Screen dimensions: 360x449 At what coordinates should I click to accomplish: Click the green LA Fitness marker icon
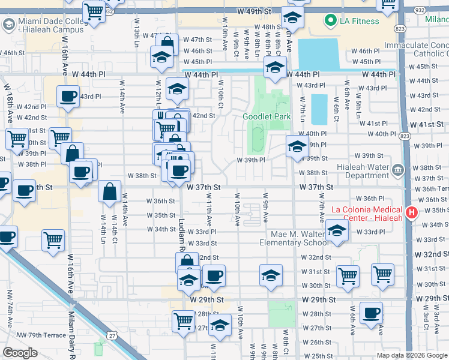[x=330, y=22]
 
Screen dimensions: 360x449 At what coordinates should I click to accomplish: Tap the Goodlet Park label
[x=262, y=116]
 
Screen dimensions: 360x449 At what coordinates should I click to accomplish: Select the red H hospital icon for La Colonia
[x=412, y=212]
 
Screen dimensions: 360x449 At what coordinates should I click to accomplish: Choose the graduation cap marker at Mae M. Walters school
[x=337, y=232]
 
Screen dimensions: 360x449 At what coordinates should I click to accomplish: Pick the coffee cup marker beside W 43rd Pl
[x=68, y=96]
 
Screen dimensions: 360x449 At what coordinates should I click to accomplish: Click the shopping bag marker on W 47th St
[x=167, y=44]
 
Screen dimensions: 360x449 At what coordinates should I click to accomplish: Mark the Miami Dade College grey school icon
[x=9, y=25]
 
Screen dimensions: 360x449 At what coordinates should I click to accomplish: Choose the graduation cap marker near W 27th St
[x=220, y=325]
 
